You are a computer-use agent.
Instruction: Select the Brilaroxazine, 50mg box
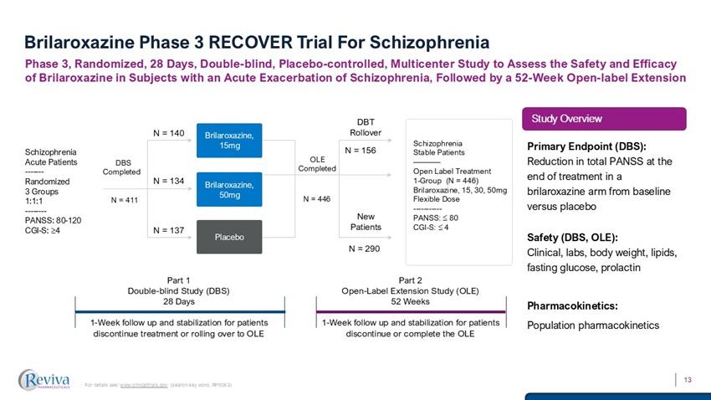click(230, 188)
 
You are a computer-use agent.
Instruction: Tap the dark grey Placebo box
click(230, 237)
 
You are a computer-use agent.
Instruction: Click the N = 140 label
click(167, 132)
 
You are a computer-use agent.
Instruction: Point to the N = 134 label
click(167, 181)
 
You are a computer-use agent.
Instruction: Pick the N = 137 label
click(167, 230)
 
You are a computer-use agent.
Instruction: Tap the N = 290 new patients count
click(365, 249)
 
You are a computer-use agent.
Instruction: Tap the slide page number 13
click(688, 381)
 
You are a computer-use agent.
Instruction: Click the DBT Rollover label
click(366, 127)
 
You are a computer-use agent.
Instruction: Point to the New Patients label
click(365, 221)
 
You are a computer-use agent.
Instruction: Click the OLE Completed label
click(317, 163)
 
